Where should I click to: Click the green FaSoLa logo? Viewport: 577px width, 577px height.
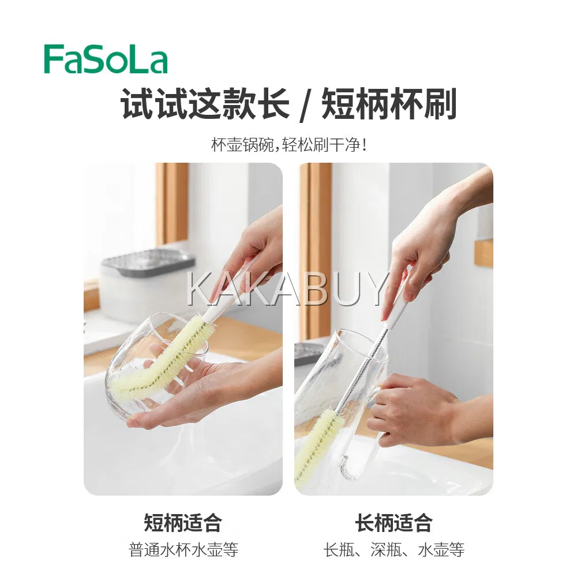coord(106,59)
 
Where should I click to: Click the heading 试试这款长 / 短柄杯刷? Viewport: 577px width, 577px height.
coord(289,104)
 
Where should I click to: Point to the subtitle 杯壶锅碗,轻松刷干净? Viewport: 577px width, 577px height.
coord(289,145)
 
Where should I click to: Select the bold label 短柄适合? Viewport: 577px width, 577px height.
coord(183,523)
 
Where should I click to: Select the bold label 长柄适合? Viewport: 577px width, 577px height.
coord(394,523)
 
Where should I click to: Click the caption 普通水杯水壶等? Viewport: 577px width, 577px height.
coord(183,550)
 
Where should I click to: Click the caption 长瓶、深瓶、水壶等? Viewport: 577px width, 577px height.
coord(394,550)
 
